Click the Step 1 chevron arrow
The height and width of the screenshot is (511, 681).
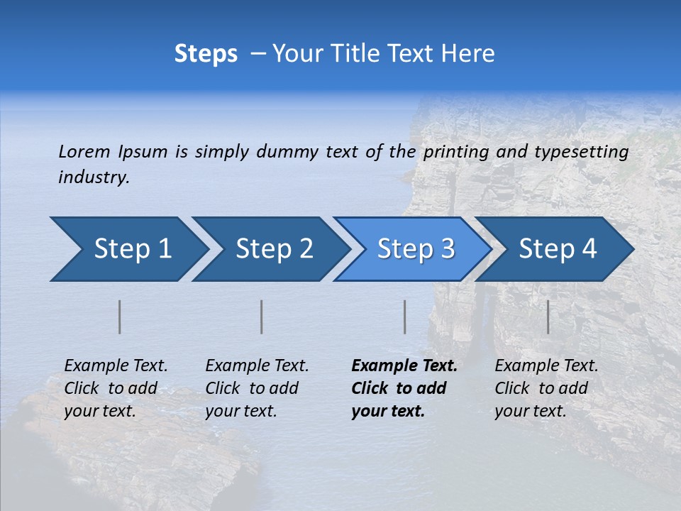(x=128, y=249)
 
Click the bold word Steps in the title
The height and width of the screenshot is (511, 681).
(x=206, y=54)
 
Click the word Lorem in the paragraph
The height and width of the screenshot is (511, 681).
(x=84, y=151)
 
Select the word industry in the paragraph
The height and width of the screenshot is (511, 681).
(x=94, y=177)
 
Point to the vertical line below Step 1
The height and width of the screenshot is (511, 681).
(x=120, y=317)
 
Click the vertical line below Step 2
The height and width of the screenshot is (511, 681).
(x=262, y=317)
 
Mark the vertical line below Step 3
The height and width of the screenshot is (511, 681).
(x=405, y=317)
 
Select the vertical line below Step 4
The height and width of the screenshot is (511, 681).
(x=548, y=317)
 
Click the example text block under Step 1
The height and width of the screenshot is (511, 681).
(x=116, y=388)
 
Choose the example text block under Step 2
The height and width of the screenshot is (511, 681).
(x=257, y=388)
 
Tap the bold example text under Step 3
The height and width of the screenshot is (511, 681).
(x=404, y=388)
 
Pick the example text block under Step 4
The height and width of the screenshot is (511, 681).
(x=546, y=388)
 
